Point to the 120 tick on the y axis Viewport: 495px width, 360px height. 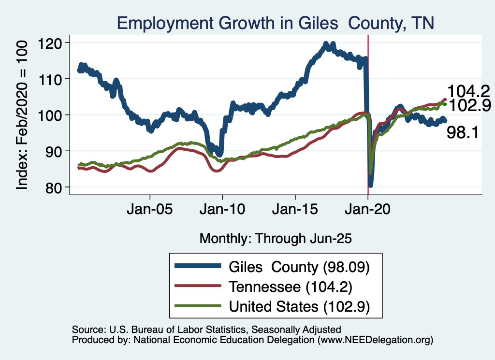57,43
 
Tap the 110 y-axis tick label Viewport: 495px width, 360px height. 57,79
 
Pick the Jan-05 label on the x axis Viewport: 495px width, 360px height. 150,211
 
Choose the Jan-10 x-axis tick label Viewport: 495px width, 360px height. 222,211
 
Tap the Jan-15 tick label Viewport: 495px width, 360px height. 295,211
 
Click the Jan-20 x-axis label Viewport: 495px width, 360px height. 368,211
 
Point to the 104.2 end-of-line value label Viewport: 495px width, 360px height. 468,91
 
